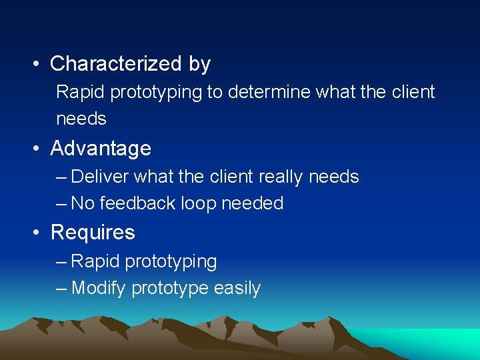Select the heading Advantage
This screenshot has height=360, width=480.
coord(101,148)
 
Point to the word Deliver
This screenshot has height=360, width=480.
coord(99,177)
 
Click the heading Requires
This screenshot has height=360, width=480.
coord(93,233)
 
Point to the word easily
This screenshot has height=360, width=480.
coord(237,289)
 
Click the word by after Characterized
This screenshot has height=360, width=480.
coord(199,64)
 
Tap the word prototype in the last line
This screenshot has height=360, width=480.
coord(170,289)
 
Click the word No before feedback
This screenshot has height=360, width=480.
coord(83,203)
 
